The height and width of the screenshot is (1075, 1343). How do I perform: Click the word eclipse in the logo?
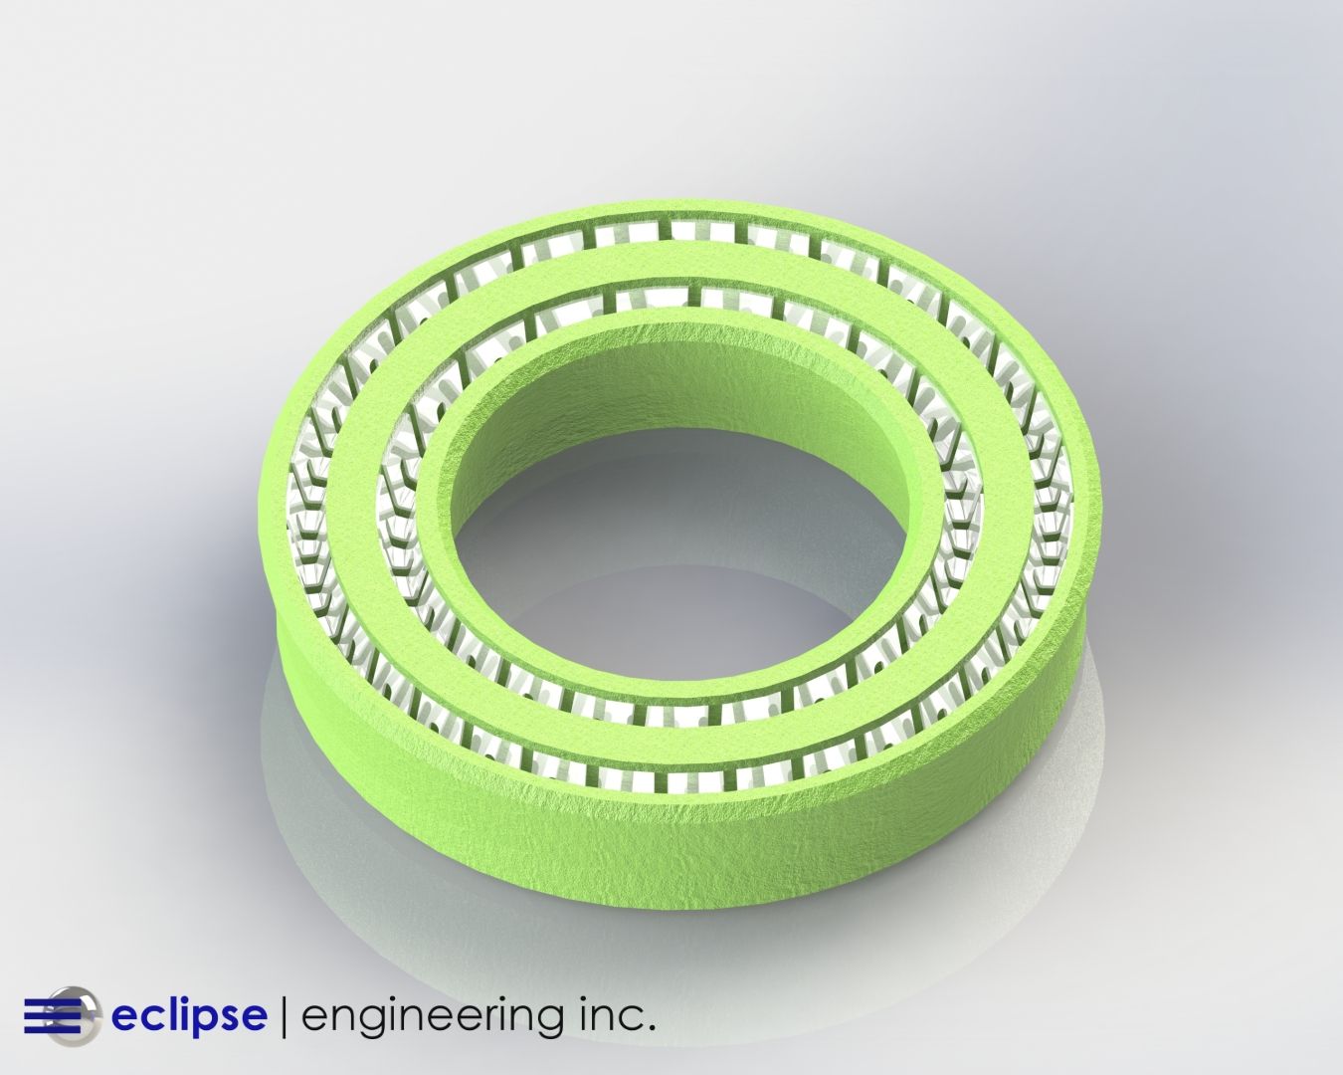[188, 1016]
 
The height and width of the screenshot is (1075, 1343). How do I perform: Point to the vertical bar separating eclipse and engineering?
[286, 1016]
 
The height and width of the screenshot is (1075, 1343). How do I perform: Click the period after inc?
[651, 1027]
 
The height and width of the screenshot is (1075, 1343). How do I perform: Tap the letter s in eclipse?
[230, 1016]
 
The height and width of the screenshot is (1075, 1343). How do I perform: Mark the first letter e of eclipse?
[124, 1016]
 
